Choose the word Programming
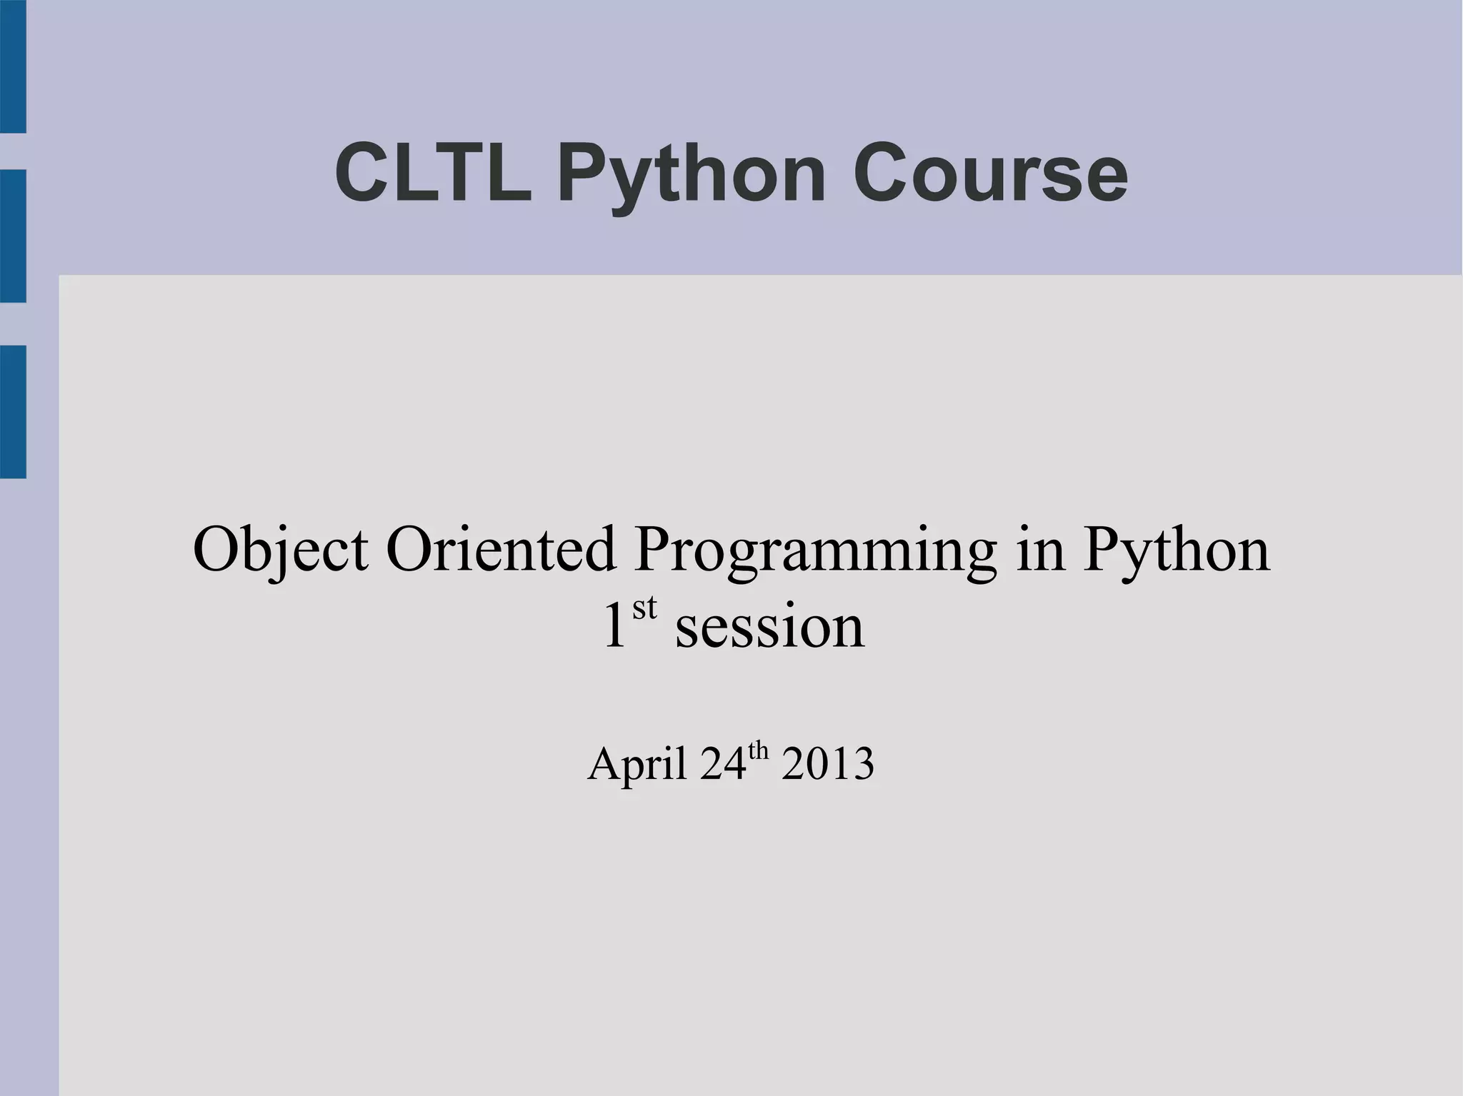(814, 551)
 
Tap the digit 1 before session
(615, 627)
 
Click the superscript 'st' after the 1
(644, 608)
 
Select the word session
(769, 627)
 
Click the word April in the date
(637, 764)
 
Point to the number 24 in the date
(723, 764)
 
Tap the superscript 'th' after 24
(758, 751)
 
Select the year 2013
(827, 764)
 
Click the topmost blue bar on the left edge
(13, 66)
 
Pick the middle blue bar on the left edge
(13, 236)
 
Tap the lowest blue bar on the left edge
(13, 411)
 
